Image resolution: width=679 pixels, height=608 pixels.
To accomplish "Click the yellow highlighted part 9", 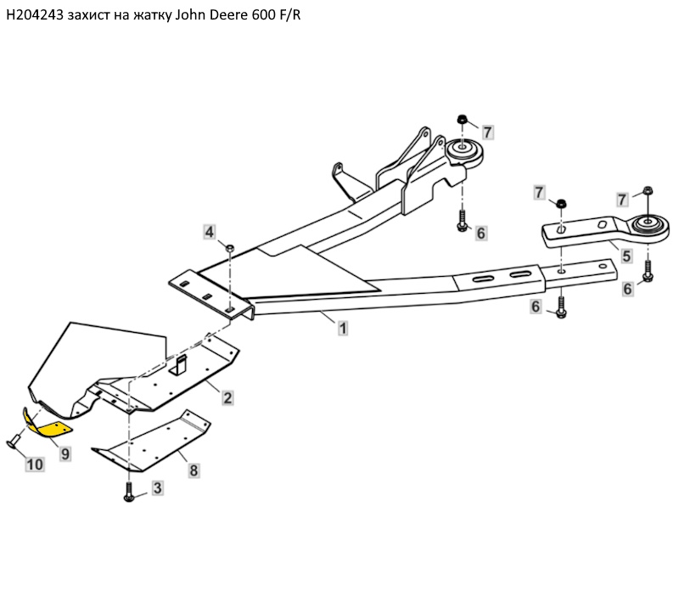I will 50,425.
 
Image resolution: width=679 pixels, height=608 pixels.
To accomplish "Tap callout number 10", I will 34,464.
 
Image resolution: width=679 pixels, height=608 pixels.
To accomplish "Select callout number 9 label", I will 65,453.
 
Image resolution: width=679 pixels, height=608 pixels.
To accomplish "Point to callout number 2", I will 227,397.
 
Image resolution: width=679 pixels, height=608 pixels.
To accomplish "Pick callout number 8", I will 194,469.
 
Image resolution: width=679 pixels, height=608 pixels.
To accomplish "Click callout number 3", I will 157,487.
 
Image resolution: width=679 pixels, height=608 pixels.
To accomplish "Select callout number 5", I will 626,254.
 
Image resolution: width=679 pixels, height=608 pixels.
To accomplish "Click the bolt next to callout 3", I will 129,493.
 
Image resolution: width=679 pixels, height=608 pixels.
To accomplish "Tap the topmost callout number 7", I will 487,132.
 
